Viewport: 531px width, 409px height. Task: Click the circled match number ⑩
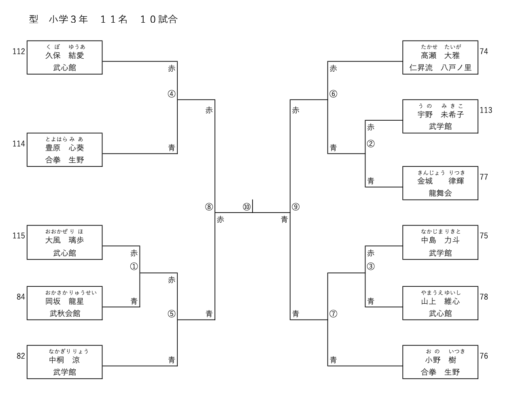coord(246,207)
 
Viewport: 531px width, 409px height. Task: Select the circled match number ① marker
coord(134,266)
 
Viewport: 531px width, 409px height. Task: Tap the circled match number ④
coord(172,94)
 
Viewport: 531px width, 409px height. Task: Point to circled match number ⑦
coord(333,314)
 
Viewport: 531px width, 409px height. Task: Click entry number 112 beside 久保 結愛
coord(19,51)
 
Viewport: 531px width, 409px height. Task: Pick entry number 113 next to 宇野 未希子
coord(486,110)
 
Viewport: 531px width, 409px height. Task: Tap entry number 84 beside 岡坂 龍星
coord(21,297)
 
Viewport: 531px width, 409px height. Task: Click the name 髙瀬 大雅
coord(440,55)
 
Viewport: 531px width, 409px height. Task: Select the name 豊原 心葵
coord(64,148)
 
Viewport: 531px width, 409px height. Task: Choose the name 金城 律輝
coord(440,181)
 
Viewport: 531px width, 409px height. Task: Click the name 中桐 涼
coord(64,360)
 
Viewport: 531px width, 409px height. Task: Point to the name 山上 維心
coord(440,301)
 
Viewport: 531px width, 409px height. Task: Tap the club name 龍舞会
coord(440,193)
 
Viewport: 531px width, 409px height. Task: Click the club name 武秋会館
coord(65,313)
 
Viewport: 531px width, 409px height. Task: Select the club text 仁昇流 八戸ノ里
coord(440,68)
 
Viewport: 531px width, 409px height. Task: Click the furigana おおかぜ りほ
coord(64,232)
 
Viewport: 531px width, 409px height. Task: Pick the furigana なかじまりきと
coord(440,232)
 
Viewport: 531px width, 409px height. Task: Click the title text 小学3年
coord(68,19)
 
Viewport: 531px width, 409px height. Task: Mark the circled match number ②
coord(371,144)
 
